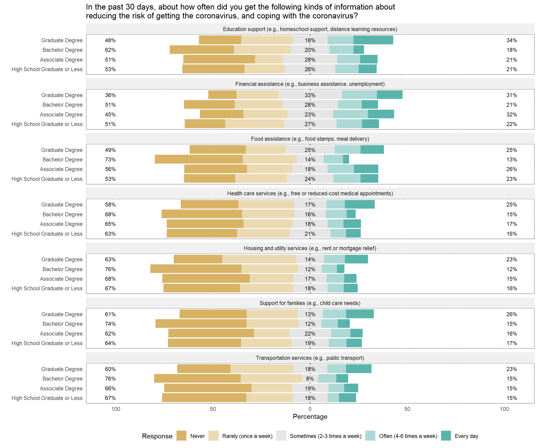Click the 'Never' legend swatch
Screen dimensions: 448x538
pos(181,436)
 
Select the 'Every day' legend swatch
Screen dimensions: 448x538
pos(446,436)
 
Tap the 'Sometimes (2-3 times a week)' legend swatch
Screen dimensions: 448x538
pos(281,436)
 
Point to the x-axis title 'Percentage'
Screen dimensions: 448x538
pos(310,417)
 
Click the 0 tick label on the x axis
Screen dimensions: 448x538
pos(310,409)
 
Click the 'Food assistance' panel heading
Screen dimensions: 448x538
pos(310,139)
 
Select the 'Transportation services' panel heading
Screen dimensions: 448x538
pos(310,358)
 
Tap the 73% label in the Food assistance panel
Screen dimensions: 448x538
pos(110,160)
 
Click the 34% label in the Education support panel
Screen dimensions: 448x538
pos(512,40)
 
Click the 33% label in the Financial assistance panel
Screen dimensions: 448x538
pos(310,95)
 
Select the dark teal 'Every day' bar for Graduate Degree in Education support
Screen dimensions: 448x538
pos(373,40)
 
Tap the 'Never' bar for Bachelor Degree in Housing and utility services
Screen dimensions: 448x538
pos(196,269)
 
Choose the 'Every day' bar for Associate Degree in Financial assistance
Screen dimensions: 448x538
pos(381,114)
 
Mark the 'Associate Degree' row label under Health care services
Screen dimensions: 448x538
pos(61,224)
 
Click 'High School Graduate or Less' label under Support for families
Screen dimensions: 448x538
pos(47,343)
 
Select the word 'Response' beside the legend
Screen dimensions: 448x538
pos(157,436)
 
